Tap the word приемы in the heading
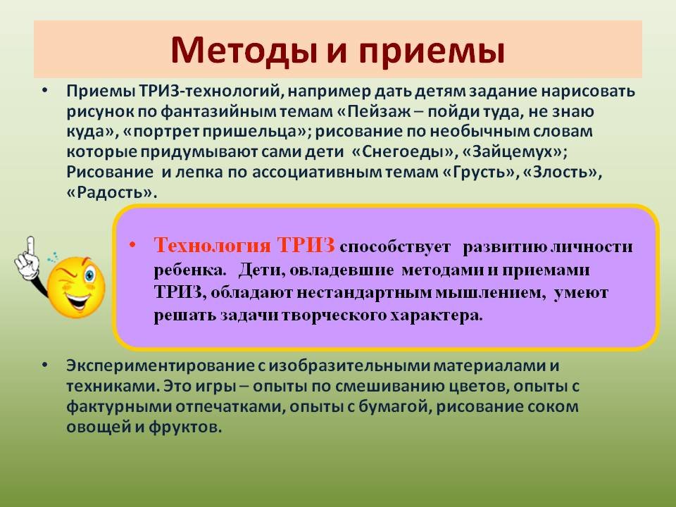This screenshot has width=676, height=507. point(431,51)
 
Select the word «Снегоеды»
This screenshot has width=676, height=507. point(403,152)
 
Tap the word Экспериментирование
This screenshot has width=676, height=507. point(161,366)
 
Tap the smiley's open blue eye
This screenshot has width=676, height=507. point(89,275)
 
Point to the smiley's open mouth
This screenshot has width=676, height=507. point(77,300)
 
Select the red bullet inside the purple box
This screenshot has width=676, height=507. point(132,245)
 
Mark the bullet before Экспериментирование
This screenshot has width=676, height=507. point(45,365)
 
